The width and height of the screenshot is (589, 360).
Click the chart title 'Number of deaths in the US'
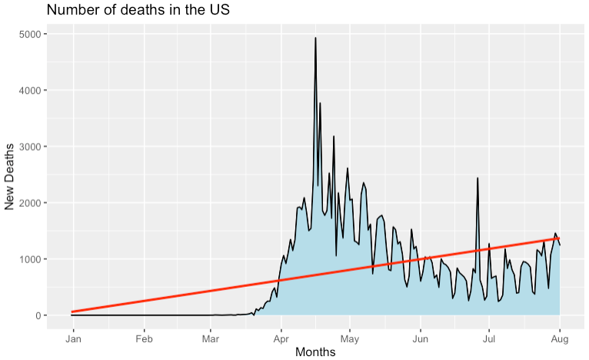[x=138, y=11]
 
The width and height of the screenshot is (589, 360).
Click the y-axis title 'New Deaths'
[x=11, y=175]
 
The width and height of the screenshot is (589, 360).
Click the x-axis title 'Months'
[x=315, y=352]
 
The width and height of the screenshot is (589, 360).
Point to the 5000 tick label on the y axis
[x=31, y=35]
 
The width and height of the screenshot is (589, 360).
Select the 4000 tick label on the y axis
[x=31, y=91]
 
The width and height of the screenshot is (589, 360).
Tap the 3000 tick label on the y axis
[x=31, y=147]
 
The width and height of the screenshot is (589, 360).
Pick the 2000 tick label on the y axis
[x=31, y=203]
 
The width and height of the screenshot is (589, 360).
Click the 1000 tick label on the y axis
[x=31, y=259]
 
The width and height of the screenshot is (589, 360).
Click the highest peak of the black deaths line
[x=316, y=38]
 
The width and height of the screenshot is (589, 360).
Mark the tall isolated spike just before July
[x=478, y=178]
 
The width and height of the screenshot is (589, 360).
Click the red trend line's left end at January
[x=72, y=312]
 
